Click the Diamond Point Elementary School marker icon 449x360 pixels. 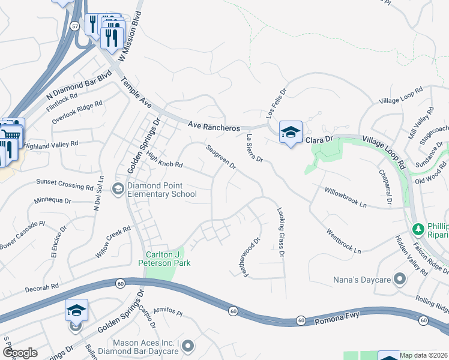[x=118, y=190]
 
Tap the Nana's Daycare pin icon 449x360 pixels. [x=401, y=280]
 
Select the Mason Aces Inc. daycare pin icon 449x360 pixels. [x=188, y=346]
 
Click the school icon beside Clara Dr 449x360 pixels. [x=291, y=132]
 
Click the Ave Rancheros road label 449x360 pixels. [x=214, y=127]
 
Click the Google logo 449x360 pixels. [x=20, y=353]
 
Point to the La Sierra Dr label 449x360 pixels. [x=255, y=148]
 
